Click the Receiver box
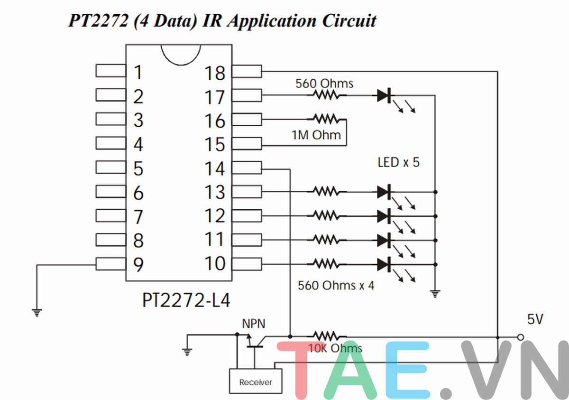(x=256, y=381)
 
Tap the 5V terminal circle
(x=521, y=337)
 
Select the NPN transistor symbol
(x=255, y=341)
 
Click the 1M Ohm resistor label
(x=316, y=135)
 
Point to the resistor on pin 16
(x=326, y=119)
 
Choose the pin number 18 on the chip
(x=215, y=73)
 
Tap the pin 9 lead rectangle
(x=111, y=264)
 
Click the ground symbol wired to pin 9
(x=37, y=313)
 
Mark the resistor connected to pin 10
(x=326, y=264)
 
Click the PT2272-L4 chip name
(x=186, y=300)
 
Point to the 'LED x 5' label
(x=398, y=162)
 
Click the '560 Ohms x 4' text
(x=336, y=285)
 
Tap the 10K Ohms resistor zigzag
(x=326, y=336)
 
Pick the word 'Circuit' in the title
(x=349, y=20)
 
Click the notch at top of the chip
(x=181, y=55)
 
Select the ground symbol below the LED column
(x=435, y=294)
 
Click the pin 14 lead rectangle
(x=247, y=167)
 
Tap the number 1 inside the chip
(x=138, y=72)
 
